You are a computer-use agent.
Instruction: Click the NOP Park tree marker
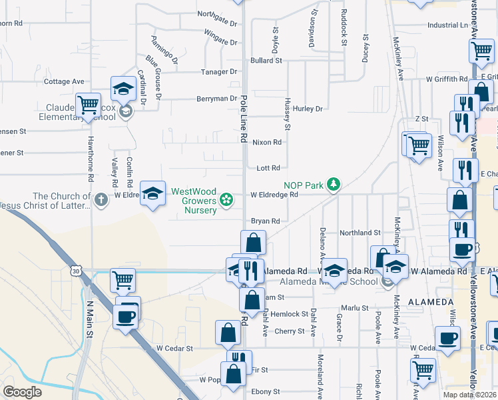(x=333, y=184)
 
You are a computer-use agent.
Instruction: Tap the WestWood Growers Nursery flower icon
(x=227, y=198)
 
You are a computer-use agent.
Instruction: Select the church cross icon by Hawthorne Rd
(x=101, y=199)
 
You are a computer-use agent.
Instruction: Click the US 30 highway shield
(x=77, y=271)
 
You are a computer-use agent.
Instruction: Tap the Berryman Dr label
(x=212, y=99)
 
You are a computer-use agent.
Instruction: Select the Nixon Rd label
(x=267, y=142)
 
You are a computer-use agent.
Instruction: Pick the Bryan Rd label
(x=265, y=221)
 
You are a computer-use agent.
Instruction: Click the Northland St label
(x=360, y=233)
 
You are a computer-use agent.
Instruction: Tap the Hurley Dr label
(x=307, y=109)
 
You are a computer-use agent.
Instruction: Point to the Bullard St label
(x=266, y=61)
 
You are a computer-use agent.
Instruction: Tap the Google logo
(x=22, y=392)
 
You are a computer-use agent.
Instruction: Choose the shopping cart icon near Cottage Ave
(x=87, y=105)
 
